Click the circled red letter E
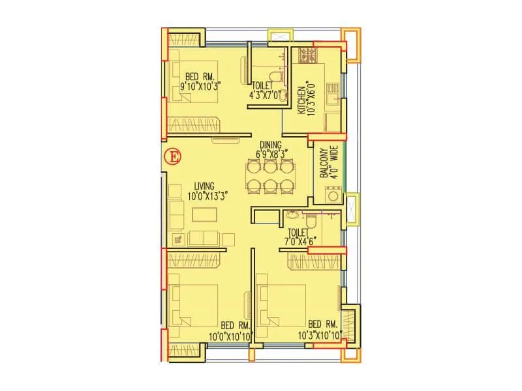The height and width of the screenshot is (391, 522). click(173, 157)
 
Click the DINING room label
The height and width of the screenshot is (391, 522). click(269, 144)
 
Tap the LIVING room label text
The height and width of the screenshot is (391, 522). click(204, 186)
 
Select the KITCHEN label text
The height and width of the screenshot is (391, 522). click(301, 100)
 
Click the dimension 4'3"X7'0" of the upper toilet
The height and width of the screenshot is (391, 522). click(264, 94)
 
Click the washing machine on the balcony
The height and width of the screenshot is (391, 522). click(333, 194)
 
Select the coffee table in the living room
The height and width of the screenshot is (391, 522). click(202, 214)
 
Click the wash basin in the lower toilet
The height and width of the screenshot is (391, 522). click(291, 214)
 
